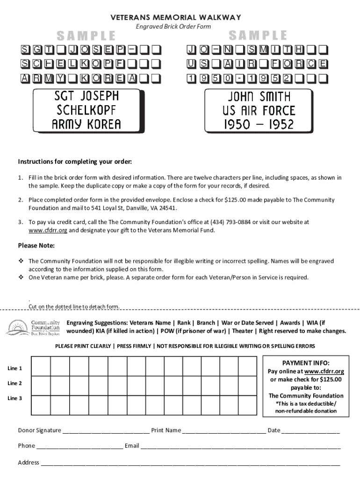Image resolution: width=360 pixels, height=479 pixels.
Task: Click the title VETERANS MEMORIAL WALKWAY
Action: coord(176,18)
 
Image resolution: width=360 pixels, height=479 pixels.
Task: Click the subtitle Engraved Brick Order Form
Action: coord(173,27)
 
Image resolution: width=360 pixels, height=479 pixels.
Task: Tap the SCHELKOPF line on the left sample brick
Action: coord(86,110)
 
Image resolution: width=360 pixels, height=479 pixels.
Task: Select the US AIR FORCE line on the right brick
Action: coord(259,110)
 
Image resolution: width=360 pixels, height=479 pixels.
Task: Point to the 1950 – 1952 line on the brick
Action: coord(259,124)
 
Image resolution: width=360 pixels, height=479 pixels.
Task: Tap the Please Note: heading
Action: coord(36,246)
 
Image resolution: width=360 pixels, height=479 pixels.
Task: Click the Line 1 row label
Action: coord(15,368)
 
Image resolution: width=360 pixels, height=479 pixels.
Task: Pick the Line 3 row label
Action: coord(15,398)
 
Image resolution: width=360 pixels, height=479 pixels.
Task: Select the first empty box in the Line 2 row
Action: coord(41,385)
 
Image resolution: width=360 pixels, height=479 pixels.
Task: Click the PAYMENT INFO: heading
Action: coord(306,363)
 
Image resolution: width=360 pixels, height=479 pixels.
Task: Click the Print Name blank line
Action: coord(224,431)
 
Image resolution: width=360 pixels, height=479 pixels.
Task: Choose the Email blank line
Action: coord(240,446)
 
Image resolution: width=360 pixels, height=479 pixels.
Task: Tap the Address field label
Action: coord(29,463)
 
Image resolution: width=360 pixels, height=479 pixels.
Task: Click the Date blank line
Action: coord(311,431)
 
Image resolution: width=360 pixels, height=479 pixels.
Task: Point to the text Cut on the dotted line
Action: coord(74,307)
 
